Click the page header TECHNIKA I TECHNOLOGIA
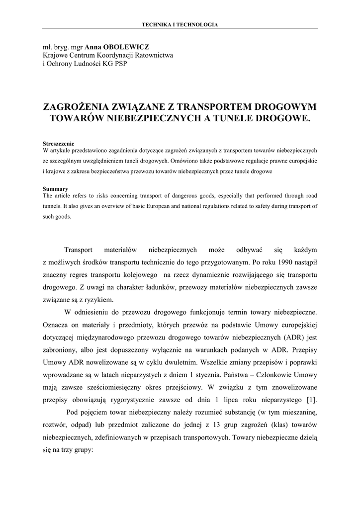click(180, 24)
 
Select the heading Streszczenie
click(58, 144)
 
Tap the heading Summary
click(55, 189)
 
